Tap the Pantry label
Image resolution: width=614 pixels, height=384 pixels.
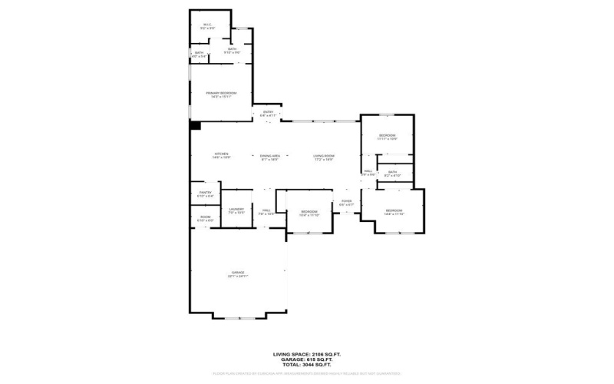point(206,194)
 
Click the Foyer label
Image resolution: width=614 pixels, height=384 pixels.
point(347,204)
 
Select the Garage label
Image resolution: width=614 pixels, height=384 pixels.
point(238,274)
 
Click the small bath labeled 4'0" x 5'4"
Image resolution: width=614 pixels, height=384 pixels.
point(199,54)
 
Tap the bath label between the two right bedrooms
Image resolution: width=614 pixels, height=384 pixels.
point(392,174)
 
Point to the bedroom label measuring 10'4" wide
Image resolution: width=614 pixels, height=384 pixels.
point(309,213)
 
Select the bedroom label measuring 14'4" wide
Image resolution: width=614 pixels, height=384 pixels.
point(394,211)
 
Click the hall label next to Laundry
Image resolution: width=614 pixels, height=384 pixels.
point(266,211)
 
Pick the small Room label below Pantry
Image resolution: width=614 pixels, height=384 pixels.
point(206,219)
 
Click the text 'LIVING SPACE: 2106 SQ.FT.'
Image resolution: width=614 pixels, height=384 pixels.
point(306,354)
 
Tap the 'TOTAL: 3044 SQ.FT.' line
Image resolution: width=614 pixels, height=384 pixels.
point(306,365)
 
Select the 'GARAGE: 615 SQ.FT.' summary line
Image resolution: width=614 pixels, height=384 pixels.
point(306,359)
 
